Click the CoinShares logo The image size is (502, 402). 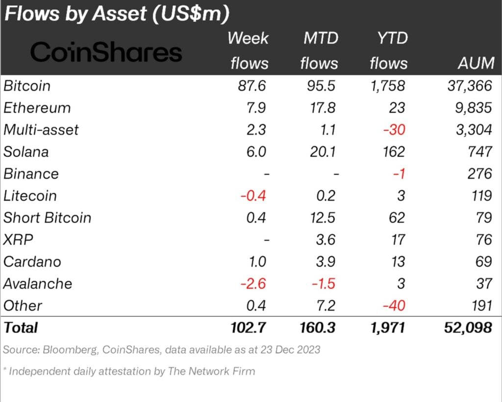tap(106, 52)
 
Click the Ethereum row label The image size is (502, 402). tap(37, 108)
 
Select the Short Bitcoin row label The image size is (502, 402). tap(48, 218)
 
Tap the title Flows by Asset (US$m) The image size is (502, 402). tap(117, 14)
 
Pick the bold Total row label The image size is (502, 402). tap(21, 327)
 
